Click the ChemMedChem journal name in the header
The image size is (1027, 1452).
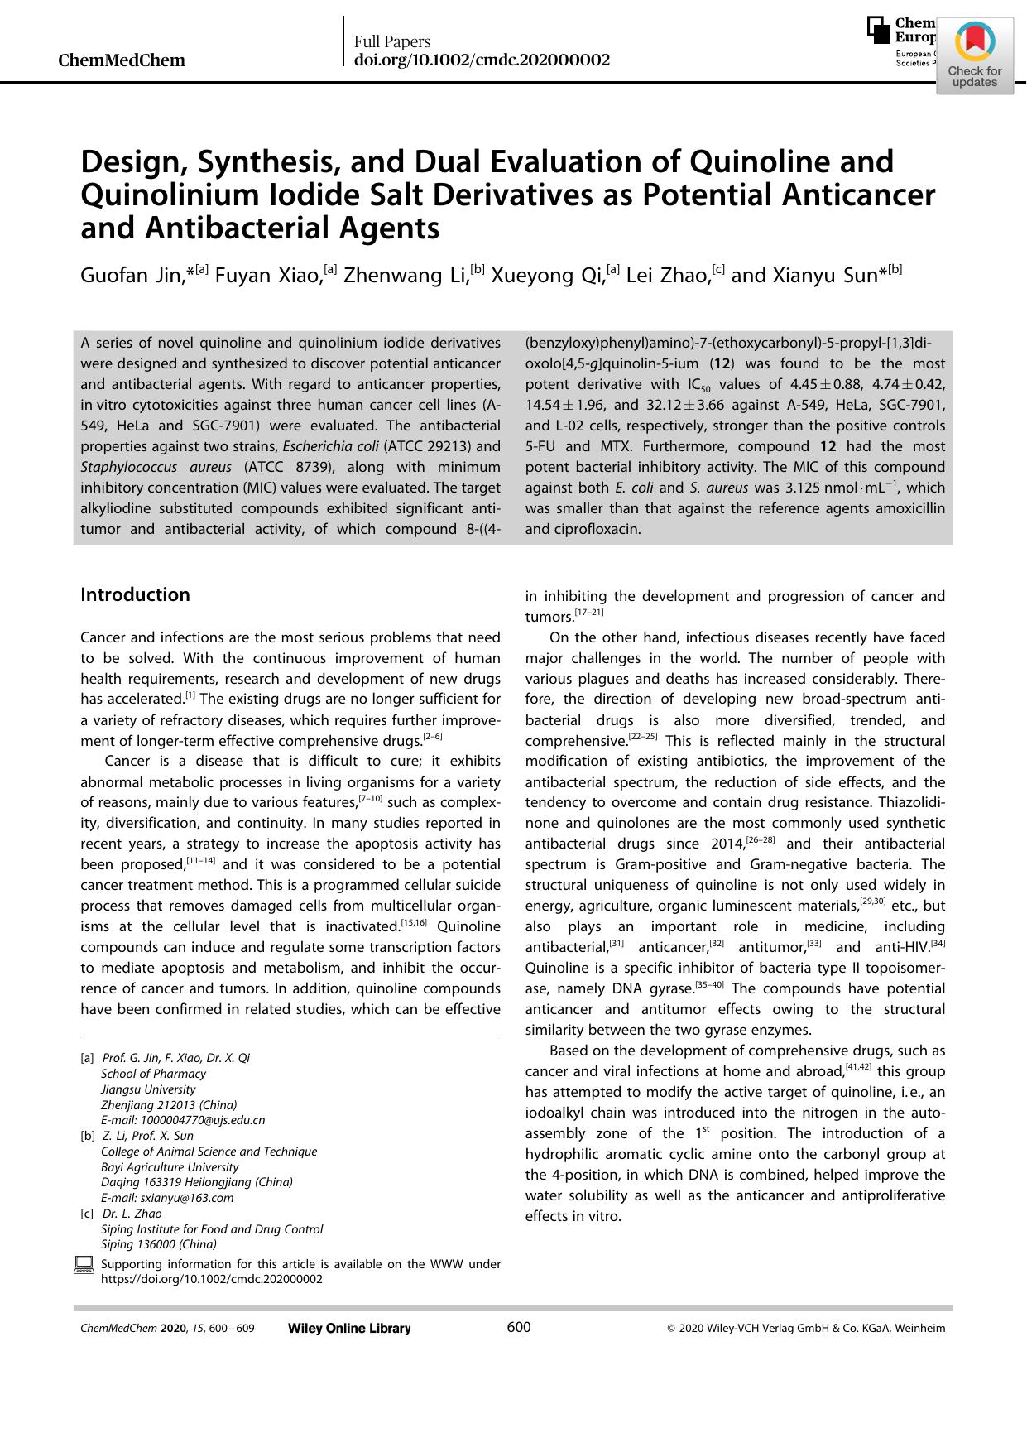tap(122, 60)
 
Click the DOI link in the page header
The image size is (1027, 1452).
tap(482, 60)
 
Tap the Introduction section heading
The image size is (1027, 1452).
tap(135, 594)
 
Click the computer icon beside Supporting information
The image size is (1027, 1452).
tap(84, 1264)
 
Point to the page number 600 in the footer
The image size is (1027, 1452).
tap(518, 1328)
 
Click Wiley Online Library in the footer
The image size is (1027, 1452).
tap(349, 1329)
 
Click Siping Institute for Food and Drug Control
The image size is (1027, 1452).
tap(212, 1229)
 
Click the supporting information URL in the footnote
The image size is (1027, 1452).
tap(211, 1279)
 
